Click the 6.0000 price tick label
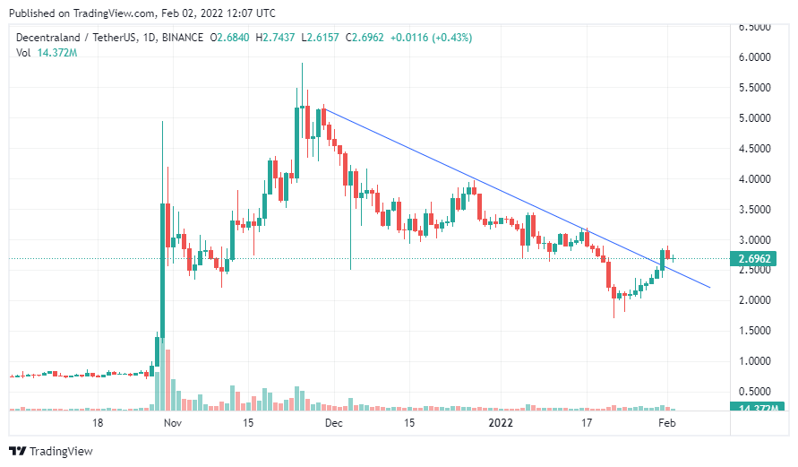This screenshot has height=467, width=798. pos(754,57)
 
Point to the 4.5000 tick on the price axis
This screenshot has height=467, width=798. pos(754,149)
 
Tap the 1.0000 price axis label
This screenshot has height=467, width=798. pos(754,361)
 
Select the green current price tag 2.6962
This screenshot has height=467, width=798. pos(754,259)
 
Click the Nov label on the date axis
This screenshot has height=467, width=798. pos(173,423)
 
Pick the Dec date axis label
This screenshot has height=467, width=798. pos(334,423)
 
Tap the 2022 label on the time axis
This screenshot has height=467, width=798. pos(501,423)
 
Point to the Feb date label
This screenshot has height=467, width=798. pos(666,423)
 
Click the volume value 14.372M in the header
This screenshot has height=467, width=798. pos(57,53)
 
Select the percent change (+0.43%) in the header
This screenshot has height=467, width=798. pos(452,38)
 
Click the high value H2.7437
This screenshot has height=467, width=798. pos(275,38)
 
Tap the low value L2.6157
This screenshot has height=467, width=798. pos(320,38)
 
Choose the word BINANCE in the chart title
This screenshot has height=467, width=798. pos(182,38)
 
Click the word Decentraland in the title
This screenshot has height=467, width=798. pos(47,38)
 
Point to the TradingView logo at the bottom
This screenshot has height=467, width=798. pos(51,451)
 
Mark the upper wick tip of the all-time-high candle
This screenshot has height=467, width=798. pos(302,63)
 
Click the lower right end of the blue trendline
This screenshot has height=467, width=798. pos(710,287)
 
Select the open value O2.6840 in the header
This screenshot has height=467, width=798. pos(229,38)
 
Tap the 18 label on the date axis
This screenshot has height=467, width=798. pos(98,423)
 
